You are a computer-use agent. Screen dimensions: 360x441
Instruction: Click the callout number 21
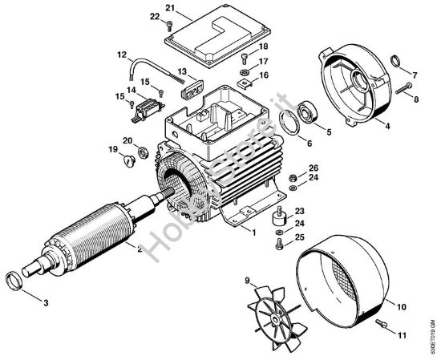tap(170, 7)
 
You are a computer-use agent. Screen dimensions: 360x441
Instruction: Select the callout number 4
tap(387, 126)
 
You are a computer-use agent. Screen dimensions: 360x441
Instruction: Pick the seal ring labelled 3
tap(16, 280)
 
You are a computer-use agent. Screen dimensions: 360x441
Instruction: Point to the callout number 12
tap(122, 55)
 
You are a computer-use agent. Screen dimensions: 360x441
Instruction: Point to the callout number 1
tap(253, 232)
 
